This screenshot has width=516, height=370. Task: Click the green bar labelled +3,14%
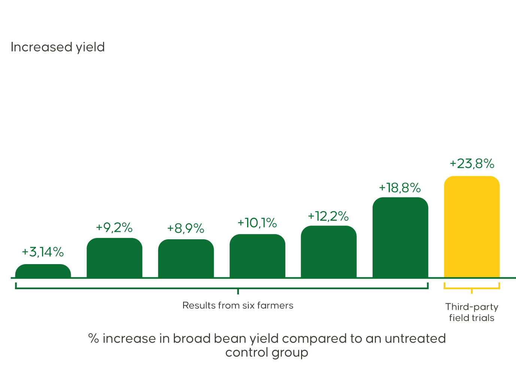click(x=43, y=271)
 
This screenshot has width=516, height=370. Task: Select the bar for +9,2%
click(x=115, y=258)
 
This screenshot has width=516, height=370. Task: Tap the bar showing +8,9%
click(x=186, y=259)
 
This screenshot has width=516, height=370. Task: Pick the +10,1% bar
click(x=257, y=256)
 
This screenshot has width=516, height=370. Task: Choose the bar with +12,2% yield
click(x=329, y=252)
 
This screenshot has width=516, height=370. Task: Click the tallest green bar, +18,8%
click(x=400, y=238)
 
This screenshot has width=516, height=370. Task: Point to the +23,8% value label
click(x=472, y=164)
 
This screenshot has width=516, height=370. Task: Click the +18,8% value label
click(x=400, y=188)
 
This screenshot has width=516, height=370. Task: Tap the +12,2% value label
click(x=328, y=216)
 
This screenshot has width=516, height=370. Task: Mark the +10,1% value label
click(x=257, y=223)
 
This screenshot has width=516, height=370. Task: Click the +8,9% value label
click(x=186, y=228)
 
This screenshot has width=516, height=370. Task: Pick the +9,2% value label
click(x=114, y=227)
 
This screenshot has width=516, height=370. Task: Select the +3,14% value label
click(x=43, y=252)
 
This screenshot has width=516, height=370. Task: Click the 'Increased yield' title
click(x=58, y=47)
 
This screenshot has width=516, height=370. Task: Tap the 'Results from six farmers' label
click(x=238, y=306)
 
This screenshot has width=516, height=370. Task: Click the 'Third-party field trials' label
click(x=472, y=312)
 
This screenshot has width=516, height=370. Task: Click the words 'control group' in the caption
click(x=267, y=352)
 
